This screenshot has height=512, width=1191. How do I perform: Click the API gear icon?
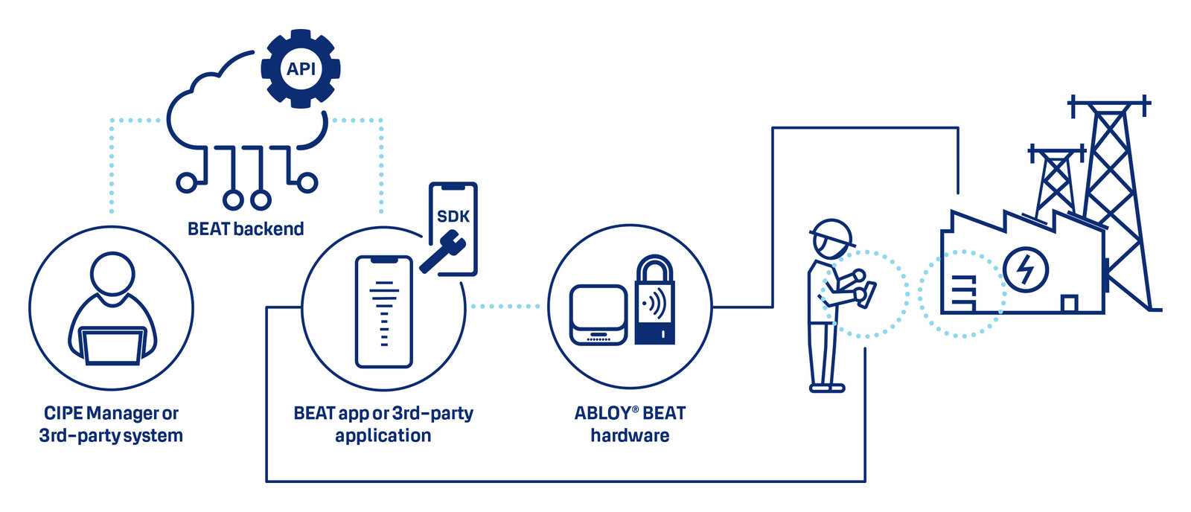[x=301, y=68]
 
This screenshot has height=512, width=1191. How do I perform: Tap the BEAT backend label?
[x=246, y=229]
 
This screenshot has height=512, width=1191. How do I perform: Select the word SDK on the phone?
[x=453, y=217]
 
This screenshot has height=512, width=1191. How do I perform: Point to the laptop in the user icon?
[x=112, y=346]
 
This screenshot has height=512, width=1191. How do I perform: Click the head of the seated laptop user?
[x=112, y=277]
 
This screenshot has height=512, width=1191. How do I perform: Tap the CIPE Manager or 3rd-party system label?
[x=111, y=424]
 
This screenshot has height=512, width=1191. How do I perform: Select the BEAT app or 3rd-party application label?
[x=383, y=424]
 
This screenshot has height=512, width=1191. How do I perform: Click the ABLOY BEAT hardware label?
[x=630, y=424]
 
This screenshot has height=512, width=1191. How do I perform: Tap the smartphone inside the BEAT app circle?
[x=383, y=311]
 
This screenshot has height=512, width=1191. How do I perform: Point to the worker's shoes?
[x=826, y=387]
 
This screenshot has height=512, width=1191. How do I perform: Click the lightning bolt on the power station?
[x=1025, y=269]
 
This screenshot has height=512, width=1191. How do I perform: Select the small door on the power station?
[x=1069, y=304]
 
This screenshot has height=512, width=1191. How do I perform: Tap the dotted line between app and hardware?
[x=506, y=306]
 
